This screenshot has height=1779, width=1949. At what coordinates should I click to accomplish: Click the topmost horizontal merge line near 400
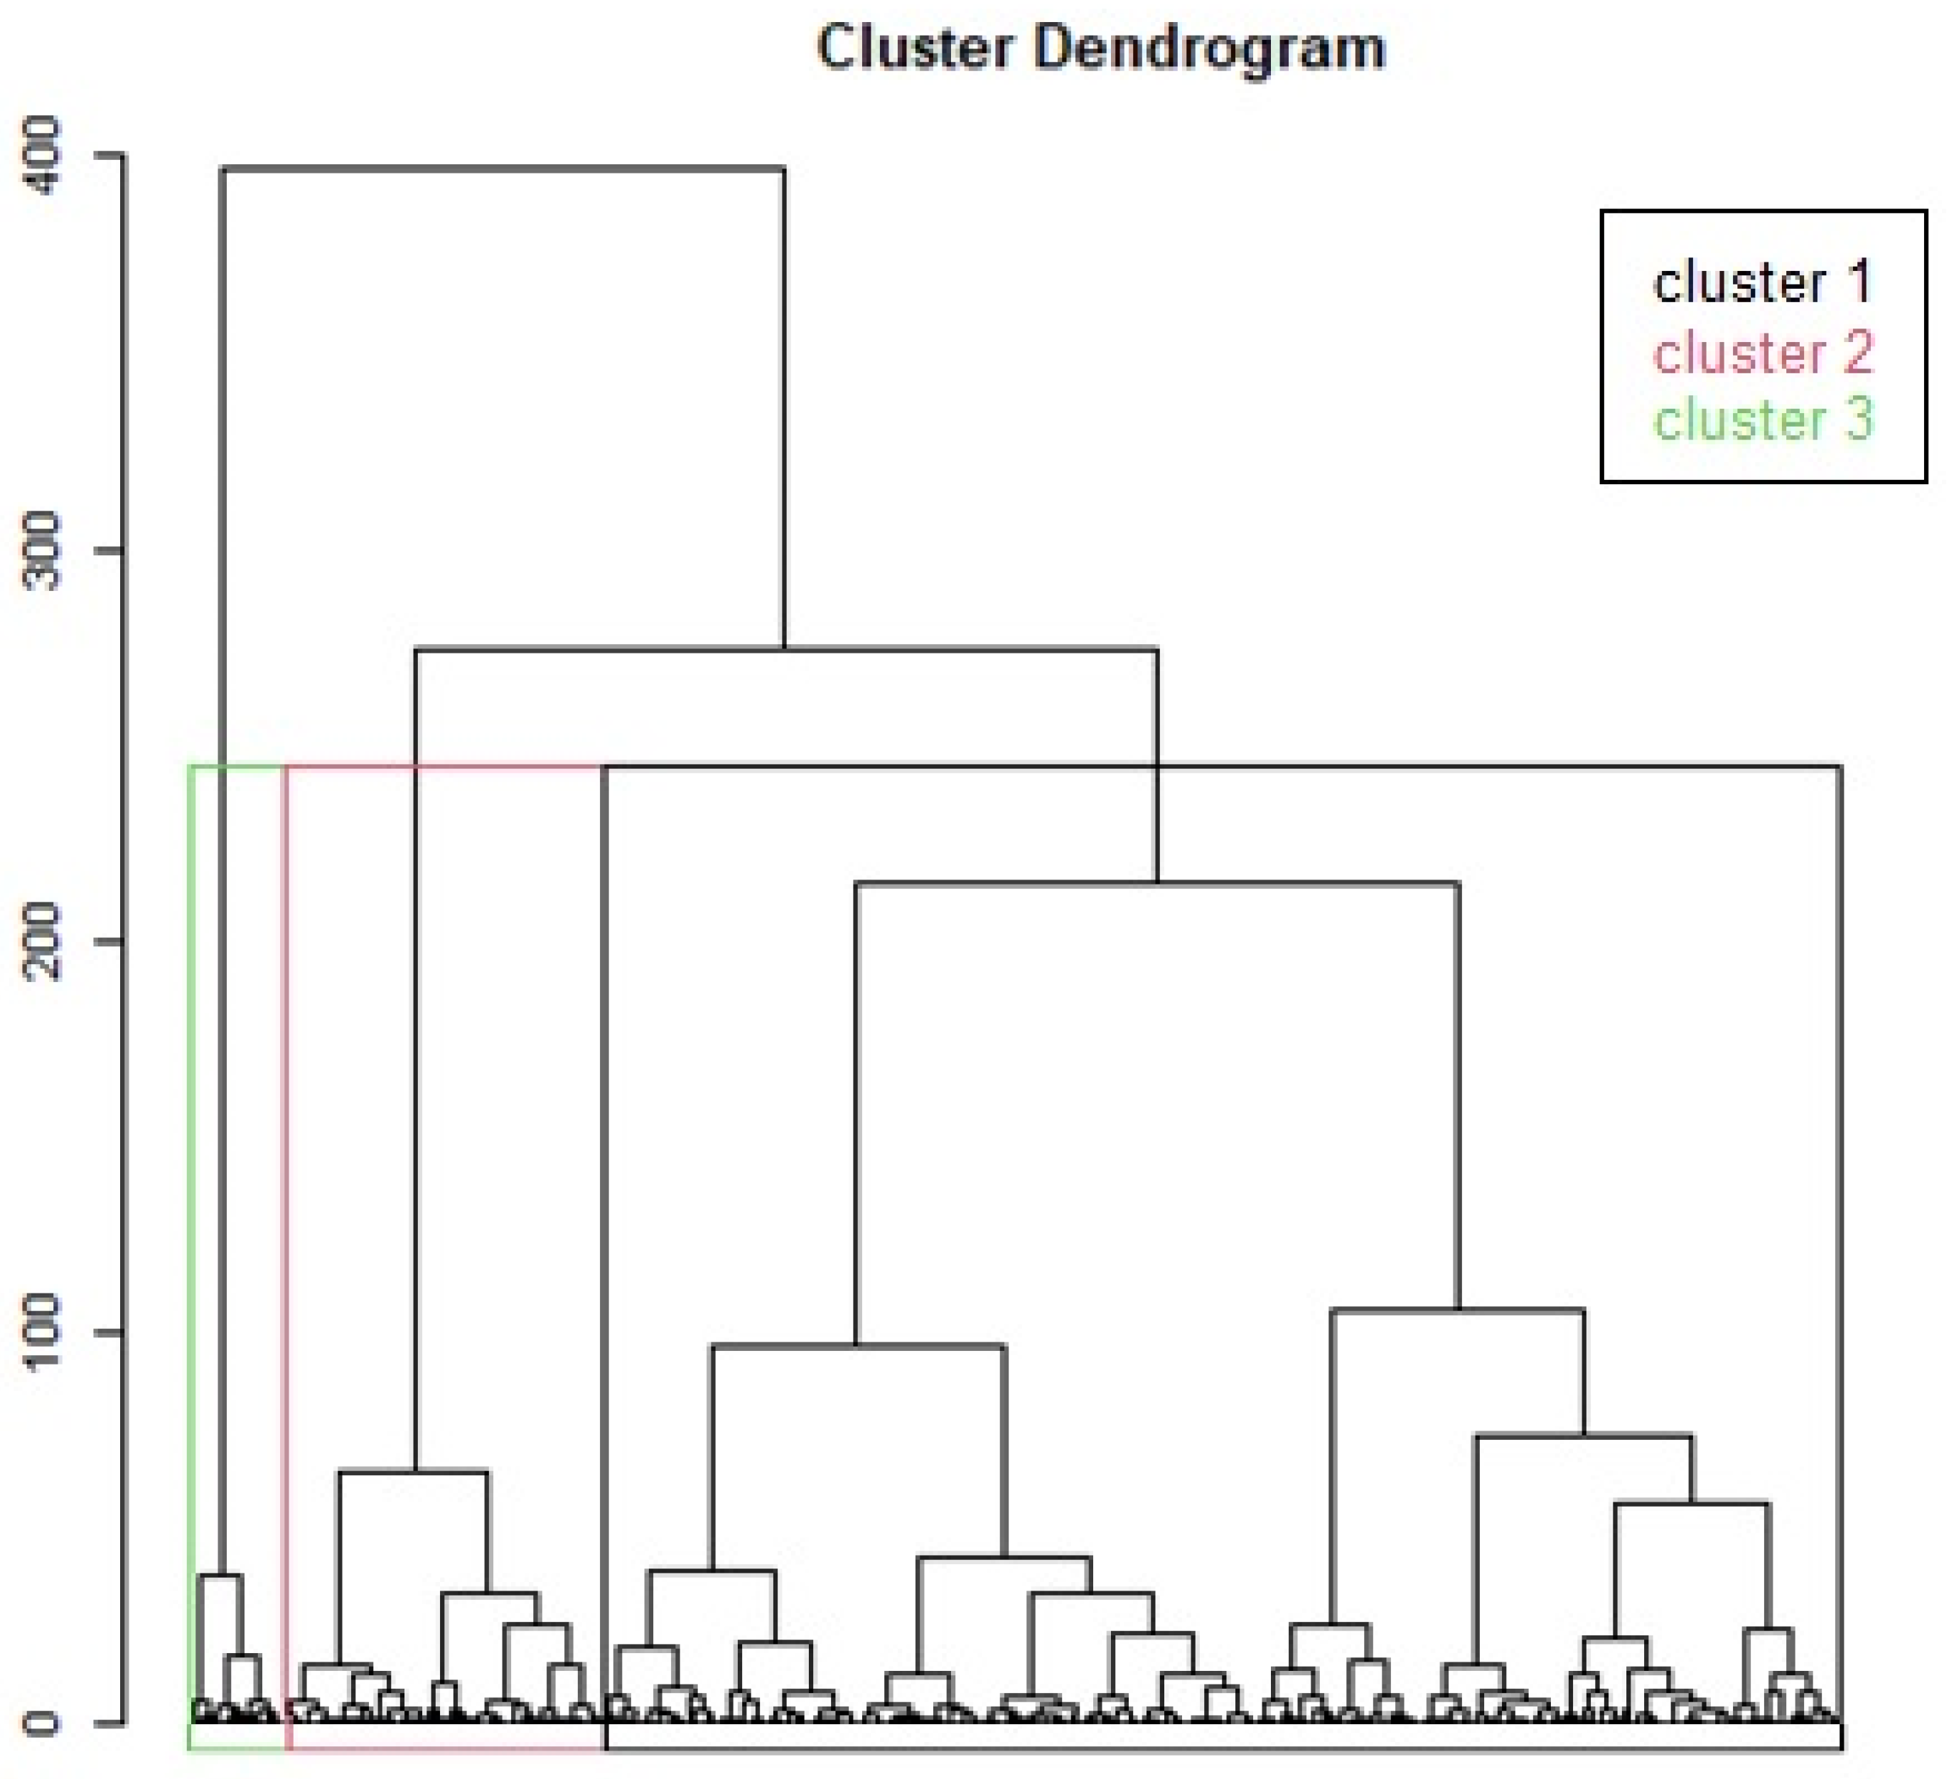(x=503, y=169)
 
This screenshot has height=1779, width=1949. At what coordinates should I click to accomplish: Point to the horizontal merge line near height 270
(x=786, y=648)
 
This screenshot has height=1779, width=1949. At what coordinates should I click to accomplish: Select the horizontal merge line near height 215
(x=1157, y=882)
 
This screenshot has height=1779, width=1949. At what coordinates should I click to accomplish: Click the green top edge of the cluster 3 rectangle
(x=237, y=766)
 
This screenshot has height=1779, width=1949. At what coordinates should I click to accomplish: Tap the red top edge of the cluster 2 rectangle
(x=445, y=766)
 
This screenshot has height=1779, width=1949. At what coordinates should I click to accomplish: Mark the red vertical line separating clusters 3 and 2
(x=286, y=1257)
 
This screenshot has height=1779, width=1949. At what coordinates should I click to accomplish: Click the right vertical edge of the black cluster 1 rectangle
(x=1840, y=1257)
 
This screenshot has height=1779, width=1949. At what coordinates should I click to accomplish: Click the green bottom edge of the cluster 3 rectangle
(x=237, y=1748)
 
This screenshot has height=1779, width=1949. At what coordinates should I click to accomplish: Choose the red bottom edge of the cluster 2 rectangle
(x=446, y=1748)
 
